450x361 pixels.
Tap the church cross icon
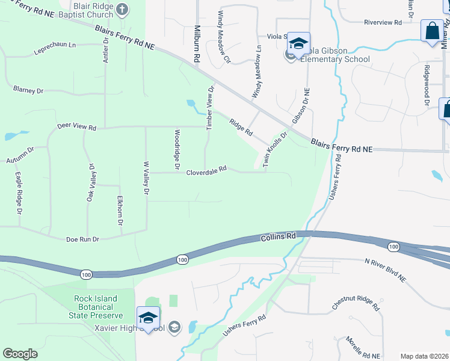click(122, 9)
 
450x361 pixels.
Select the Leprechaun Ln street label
click(55, 45)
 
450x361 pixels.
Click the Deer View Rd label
click(76, 128)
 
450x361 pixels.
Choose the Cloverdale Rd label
click(206, 170)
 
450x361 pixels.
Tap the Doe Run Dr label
click(82, 239)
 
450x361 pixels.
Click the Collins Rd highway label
click(279, 238)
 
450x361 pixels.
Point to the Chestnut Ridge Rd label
click(356, 303)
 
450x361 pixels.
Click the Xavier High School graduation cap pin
click(148, 317)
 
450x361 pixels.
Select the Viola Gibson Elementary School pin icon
click(298, 43)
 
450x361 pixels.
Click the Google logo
click(20, 354)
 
